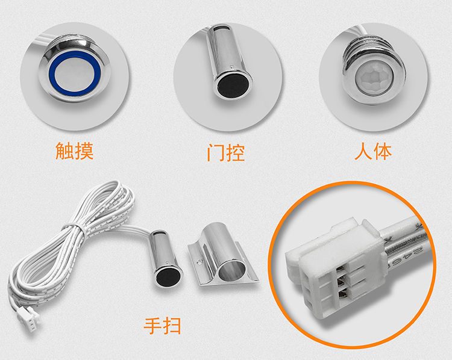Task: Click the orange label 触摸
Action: pyautogui.click(x=74, y=150)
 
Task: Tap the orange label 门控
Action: pyautogui.click(x=226, y=152)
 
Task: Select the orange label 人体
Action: pyautogui.click(x=373, y=150)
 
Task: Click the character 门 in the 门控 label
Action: pyautogui.click(x=216, y=152)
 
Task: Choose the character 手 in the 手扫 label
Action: pyautogui.click(x=153, y=326)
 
